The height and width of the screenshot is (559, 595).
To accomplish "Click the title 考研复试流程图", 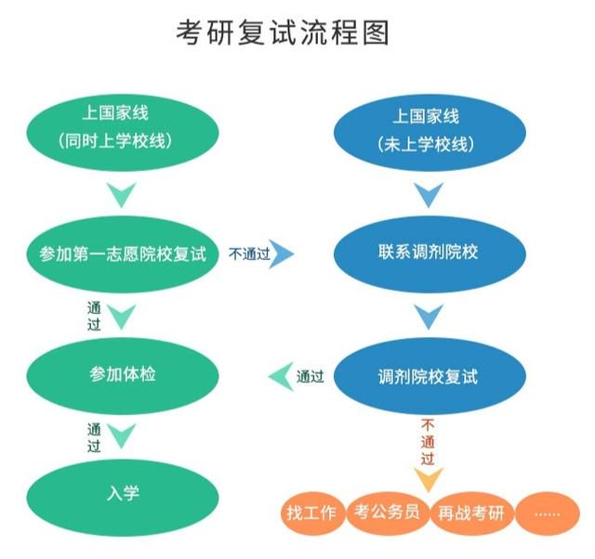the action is [283, 33].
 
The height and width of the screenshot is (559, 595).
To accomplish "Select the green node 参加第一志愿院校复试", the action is [123, 253].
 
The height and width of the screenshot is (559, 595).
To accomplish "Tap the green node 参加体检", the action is [123, 375].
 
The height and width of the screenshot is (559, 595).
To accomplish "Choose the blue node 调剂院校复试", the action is [430, 375].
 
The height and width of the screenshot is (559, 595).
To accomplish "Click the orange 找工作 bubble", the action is [312, 513].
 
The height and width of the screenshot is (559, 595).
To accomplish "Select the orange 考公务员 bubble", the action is [388, 513].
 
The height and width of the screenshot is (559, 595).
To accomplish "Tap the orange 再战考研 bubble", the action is [472, 513].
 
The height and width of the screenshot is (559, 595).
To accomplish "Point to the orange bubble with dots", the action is [548, 513].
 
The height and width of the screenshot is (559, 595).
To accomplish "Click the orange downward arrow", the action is [429, 477].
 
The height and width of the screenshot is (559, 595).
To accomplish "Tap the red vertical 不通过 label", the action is [428, 442].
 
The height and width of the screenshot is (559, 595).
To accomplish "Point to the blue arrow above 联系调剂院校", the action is [429, 193].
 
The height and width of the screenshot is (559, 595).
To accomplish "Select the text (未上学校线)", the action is [426, 144].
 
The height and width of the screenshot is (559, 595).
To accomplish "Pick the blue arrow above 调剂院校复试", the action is [429, 315].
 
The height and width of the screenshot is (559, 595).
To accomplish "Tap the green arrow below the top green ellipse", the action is [122, 193].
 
